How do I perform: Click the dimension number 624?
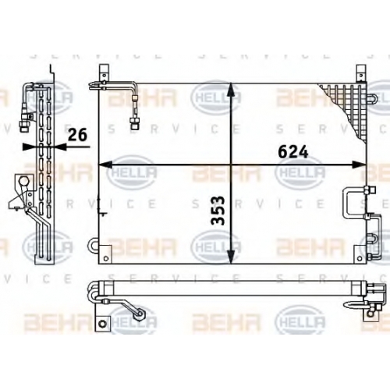click(x=293, y=152)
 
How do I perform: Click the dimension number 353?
click(x=218, y=211)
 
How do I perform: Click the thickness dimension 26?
click(x=77, y=135)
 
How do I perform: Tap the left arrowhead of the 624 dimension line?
click(x=105, y=165)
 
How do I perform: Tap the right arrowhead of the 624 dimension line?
click(x=359, y=165)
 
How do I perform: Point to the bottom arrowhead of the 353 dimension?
click(x=231, y=257)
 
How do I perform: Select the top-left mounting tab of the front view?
click(x=104, y=73)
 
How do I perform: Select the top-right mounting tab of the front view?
click(x=361, y=73)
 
